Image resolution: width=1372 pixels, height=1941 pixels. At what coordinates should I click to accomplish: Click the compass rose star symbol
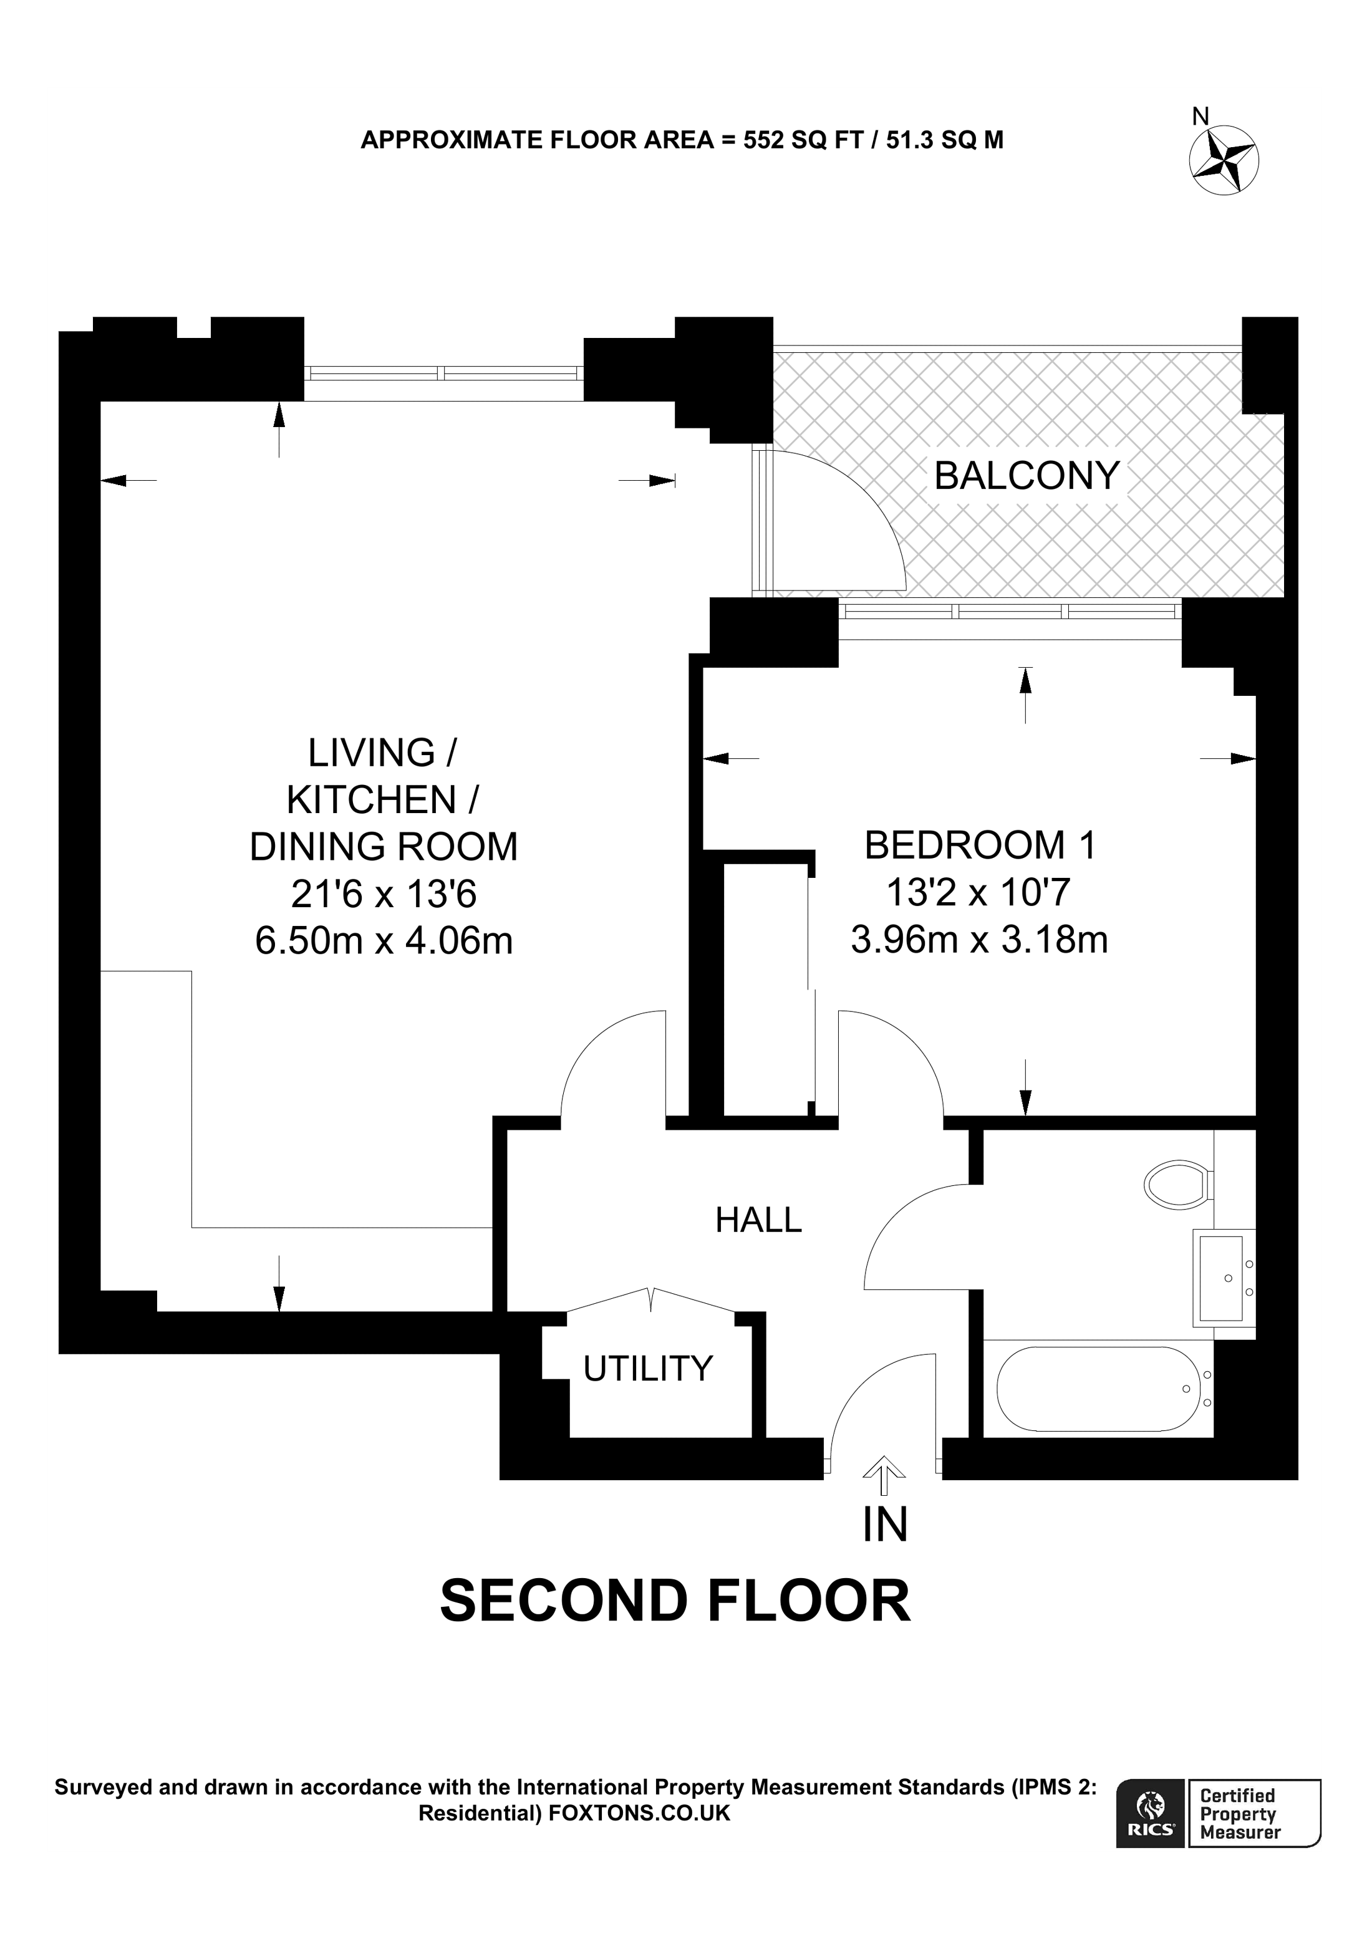(1224, 159)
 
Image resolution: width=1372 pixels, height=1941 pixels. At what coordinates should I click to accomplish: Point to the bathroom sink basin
(1219, 1279)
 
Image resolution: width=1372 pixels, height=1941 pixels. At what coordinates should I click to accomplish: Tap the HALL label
(758, 1220)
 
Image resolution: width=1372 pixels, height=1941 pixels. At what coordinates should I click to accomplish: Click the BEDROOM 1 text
(980, 845)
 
